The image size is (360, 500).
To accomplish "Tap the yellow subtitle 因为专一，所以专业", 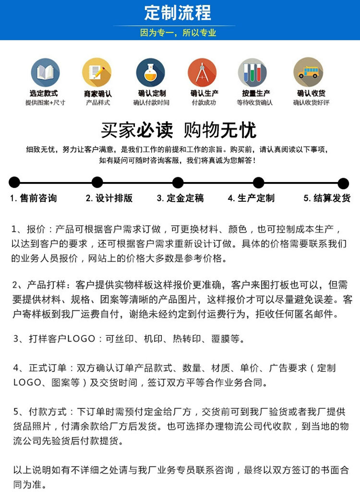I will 178,33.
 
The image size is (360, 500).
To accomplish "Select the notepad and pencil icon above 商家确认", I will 96,73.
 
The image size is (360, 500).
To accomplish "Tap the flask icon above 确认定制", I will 151,73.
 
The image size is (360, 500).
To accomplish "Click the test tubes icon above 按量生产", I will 252,73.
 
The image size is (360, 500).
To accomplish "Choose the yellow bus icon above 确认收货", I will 308,73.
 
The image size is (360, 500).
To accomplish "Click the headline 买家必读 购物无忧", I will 179,130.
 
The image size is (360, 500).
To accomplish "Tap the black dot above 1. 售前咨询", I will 14,182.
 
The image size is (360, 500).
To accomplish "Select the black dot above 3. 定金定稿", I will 178,183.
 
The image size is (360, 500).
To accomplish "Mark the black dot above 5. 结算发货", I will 343,183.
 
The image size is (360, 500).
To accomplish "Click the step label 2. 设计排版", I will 109,198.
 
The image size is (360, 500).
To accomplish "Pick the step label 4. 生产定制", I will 251,198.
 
